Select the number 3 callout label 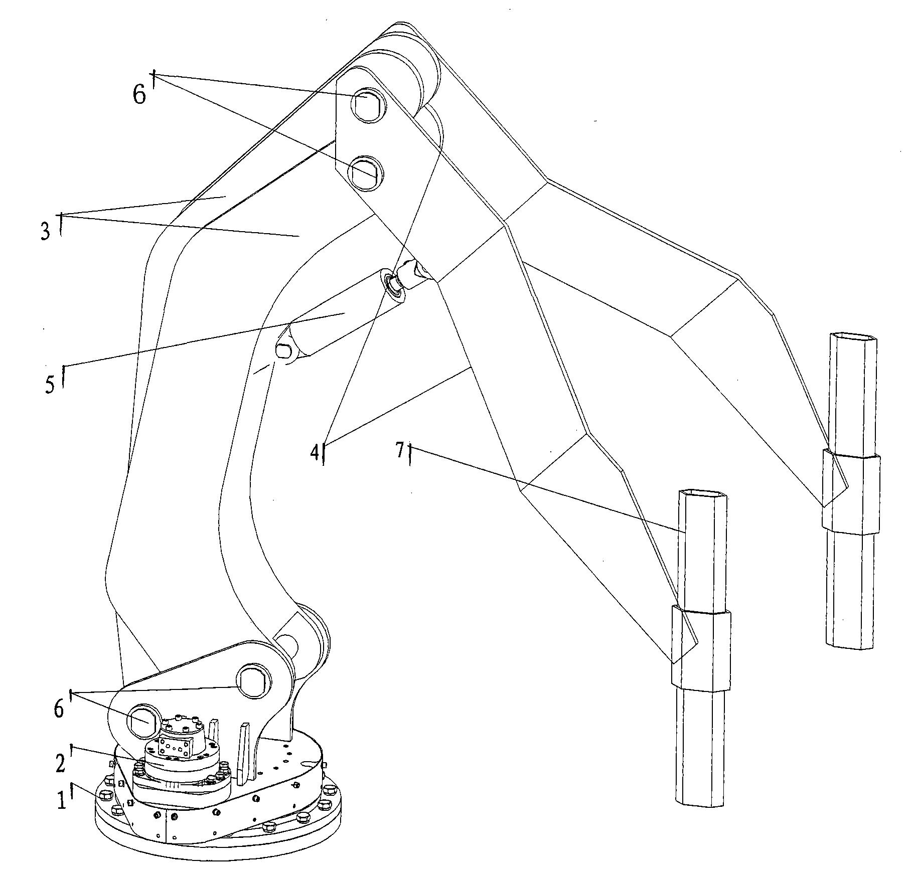tap(46, 231)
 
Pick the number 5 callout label tap(50, 384)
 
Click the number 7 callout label tap(400, 451)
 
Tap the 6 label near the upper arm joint tap(139, 94)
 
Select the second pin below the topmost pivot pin tap(366, 172)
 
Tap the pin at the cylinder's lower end tap(284, 349)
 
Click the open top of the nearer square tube tap(702, 495)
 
